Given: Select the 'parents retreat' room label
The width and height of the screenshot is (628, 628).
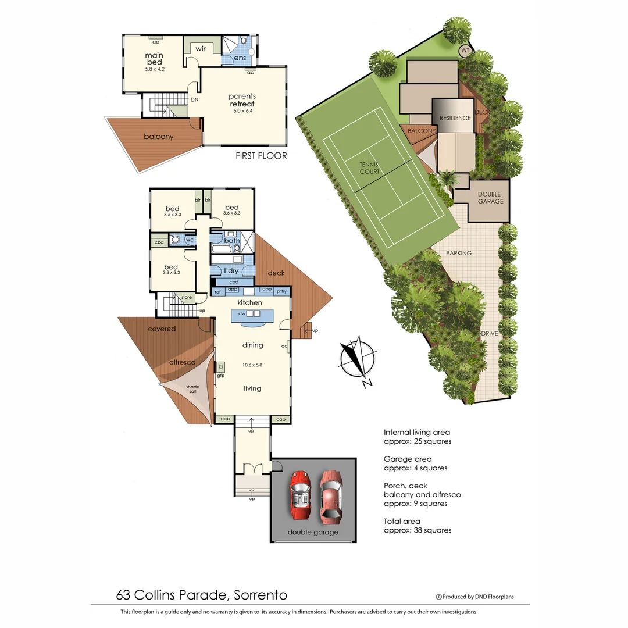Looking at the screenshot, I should (242, 100).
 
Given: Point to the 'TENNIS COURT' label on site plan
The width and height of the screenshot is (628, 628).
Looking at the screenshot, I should (369, 168).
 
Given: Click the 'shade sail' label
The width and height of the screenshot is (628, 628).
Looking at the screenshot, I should (192, 390).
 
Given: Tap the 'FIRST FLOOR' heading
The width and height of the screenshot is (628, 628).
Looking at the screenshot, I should (261, 156).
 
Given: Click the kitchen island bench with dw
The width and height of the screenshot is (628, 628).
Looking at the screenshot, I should (252, 315).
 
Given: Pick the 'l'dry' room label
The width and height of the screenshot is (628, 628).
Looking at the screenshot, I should (231, 271).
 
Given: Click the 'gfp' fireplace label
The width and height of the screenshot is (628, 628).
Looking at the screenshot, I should (221, 375).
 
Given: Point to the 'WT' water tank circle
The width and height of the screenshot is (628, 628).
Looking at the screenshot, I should (465, 51).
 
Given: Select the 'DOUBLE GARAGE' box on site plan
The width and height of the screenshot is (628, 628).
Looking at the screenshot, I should (490, 198).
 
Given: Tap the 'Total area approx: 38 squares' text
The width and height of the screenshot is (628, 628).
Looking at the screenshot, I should (418, 526).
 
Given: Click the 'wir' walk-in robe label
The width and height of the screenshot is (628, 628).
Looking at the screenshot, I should (201, 49).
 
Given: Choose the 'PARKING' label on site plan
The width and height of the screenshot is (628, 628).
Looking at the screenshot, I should (459, 253).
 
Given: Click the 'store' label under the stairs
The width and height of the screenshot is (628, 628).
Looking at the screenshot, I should (186, 298).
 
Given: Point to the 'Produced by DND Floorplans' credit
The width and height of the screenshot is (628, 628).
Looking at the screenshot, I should (475, 597).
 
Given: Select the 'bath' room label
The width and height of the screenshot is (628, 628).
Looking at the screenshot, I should (231, 240).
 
